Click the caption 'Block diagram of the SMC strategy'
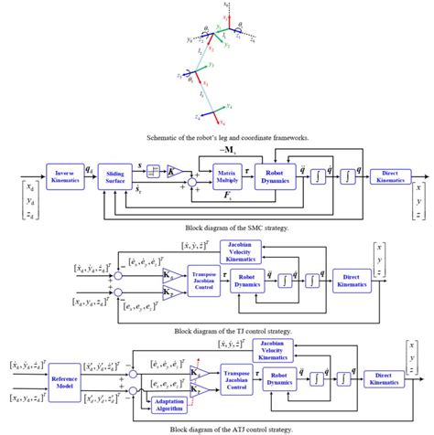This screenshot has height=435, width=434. (x=216, y=224)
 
